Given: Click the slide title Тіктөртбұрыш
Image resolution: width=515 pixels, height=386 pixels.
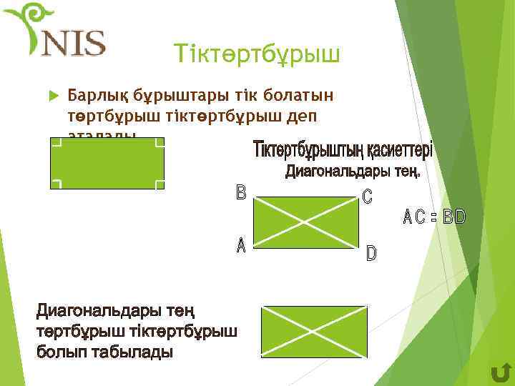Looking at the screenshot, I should pos(258,53).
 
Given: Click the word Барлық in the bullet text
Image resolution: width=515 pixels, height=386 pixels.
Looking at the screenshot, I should pos(94,96).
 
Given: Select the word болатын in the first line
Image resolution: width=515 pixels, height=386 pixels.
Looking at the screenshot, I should pos(303,96).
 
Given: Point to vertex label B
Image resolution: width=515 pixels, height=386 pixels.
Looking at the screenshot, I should pos(241,193).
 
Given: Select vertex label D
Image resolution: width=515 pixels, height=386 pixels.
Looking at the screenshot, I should pos(371,253).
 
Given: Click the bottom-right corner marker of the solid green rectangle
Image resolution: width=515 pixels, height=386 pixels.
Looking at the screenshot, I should pos(160,184).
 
